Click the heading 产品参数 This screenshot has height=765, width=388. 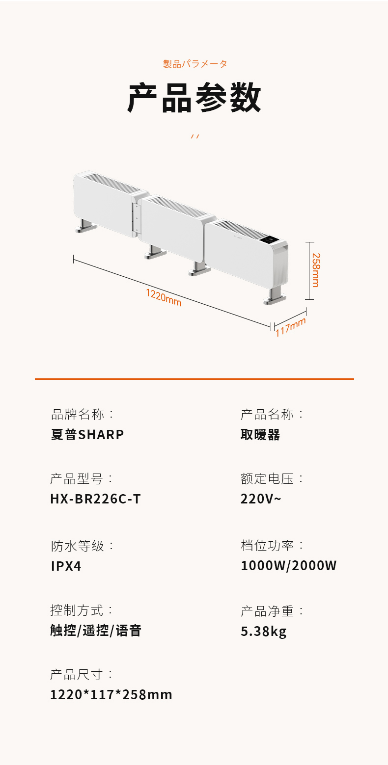point(194,98)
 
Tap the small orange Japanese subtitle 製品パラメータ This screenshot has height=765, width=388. point(195,64)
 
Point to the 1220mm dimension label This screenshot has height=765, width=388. point(164,297)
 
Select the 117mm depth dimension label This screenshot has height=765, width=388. point(290,327)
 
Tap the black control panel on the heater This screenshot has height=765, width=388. point(271,241)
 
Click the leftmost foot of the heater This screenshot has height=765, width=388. point(84,226)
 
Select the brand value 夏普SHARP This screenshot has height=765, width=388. point(87,435)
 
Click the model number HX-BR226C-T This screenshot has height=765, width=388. point(95,499)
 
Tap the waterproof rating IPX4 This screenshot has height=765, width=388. point(66,566)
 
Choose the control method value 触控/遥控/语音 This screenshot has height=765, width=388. point(96,631)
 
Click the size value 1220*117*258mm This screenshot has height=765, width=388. point(111,695)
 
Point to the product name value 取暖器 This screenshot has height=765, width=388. point(260,435)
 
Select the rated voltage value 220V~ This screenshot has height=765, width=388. point(261,499)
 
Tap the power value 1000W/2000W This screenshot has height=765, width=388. point(289,566)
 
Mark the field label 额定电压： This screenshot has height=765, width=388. point(273,478)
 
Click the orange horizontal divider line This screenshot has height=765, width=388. point(194,379)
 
